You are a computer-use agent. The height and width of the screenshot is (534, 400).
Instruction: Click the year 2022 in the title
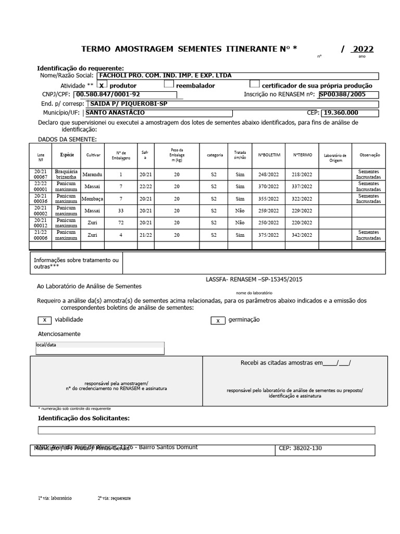pyautogui.click(x=363, y=50)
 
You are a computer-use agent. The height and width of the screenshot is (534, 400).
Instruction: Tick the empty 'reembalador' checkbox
pyautogui.click(x=169, y=84)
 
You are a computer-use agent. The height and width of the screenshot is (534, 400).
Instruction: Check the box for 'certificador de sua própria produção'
pyautogui.click(x=254, y=84)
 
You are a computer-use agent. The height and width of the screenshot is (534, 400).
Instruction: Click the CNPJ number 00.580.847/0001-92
pyautogui.click(x=108, y=95)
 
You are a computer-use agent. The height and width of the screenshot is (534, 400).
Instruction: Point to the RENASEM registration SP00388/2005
pyautogui.click(x=342, y=94)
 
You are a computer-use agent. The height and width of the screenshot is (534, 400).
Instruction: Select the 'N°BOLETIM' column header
pyautogui.click(x=269, y=155)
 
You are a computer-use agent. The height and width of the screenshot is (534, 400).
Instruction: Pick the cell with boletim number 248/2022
pyautogui.click(x=269, y=174)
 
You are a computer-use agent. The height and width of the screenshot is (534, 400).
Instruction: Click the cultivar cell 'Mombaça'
pyautogui.click(x=93, y=199)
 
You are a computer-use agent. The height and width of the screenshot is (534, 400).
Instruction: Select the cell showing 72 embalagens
pyautogui.click(x=120, y=222)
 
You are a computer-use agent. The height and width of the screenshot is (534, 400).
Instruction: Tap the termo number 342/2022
pyautogui.click(x=302, y=235)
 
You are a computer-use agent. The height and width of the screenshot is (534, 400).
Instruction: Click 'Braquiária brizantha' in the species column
pyautogui.click(x=67, y=174)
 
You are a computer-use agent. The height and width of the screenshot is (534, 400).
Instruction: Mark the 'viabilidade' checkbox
pyautogui.click(x=44, y=320)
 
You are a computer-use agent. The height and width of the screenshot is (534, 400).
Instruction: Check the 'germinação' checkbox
pyautogui.click(x=218, y=320)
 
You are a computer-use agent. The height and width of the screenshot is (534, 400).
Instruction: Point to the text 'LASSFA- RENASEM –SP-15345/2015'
pyautogui.click(x=254, y=280)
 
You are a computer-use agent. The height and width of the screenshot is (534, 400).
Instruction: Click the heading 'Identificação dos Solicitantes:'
pyautogui.click(x=84, y=418)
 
